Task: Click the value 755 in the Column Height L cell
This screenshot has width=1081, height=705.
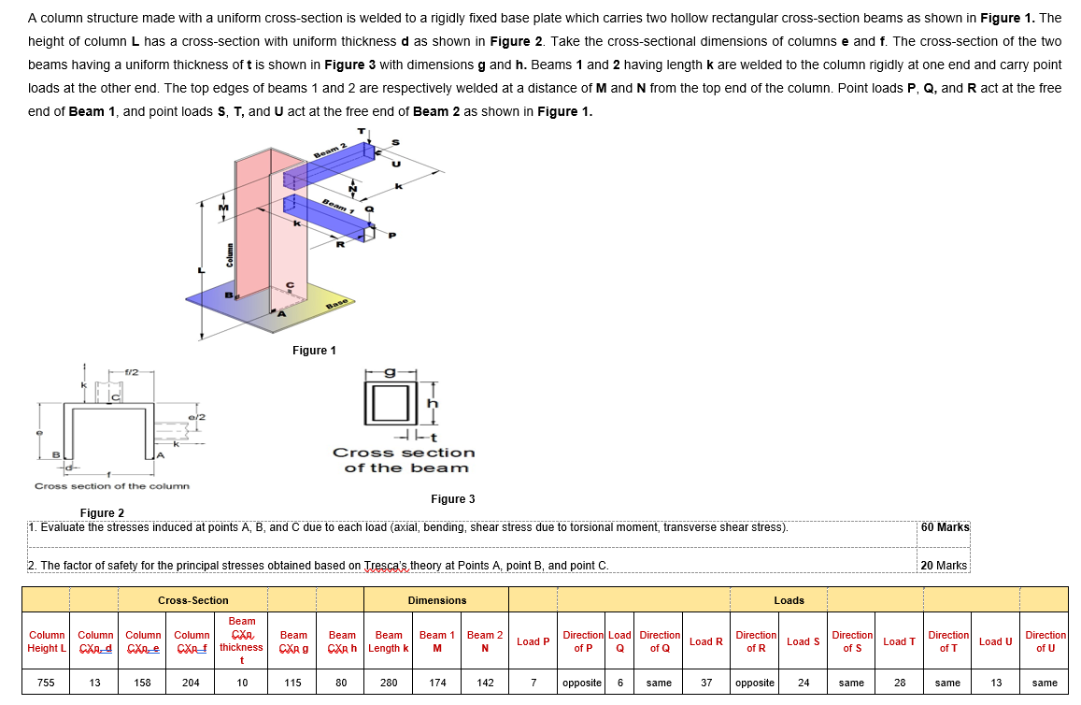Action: point(45,683)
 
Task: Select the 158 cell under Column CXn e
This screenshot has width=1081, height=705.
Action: point(142,683)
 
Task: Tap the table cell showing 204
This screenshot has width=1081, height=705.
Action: point(191,683)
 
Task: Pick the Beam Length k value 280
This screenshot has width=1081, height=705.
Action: point(389,683)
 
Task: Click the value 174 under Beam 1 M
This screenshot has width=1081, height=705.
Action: point(437,683)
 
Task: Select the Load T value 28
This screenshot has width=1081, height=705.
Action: point(899,683)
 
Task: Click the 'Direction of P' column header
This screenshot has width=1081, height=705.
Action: point(582,641)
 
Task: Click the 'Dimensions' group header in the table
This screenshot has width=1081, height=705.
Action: point(436,600)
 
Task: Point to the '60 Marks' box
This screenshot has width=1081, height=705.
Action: point(945,527)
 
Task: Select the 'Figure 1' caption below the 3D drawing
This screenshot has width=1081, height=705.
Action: point(314,351)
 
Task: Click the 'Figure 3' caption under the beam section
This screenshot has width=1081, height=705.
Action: point(452,499)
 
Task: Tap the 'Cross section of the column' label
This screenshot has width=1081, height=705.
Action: point(111,486)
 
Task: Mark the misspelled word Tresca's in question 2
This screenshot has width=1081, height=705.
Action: point(386,566)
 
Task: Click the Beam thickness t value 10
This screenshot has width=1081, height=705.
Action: point(242,683)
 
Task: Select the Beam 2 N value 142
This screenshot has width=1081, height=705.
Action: point(485,683)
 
